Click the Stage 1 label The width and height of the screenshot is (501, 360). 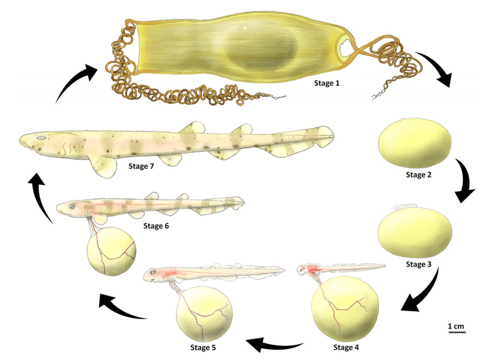click(326, 83)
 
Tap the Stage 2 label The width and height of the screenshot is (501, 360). click(418, 174)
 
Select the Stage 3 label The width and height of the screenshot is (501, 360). click(418, 265)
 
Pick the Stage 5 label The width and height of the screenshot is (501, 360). click(203, 348)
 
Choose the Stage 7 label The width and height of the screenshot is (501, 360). click(141, 166)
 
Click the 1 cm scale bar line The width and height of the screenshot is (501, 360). click(456, 333)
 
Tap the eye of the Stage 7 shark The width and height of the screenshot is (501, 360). click(42, 138)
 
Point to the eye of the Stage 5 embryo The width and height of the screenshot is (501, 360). click(154, 272)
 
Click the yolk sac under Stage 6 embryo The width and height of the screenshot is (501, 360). click(111, 251)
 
